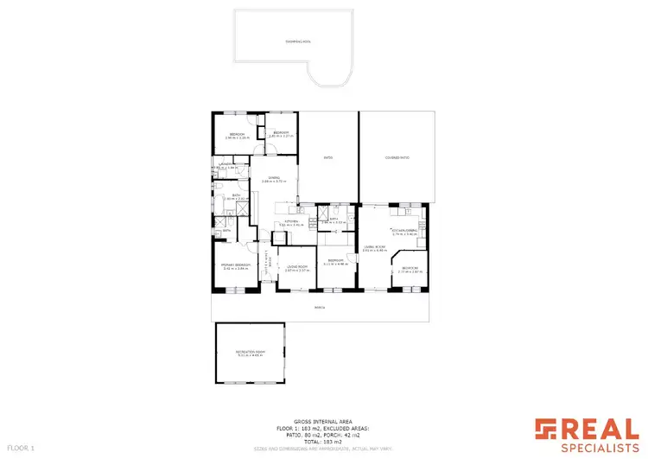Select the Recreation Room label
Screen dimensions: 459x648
coord(250,354)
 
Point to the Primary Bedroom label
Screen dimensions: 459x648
coord(236,265)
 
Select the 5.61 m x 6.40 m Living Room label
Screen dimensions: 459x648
coord(374,249)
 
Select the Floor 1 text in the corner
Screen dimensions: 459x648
coord(20,449)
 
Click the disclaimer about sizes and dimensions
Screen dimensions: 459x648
coord(323,449)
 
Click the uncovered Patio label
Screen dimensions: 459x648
coord(328,157)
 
